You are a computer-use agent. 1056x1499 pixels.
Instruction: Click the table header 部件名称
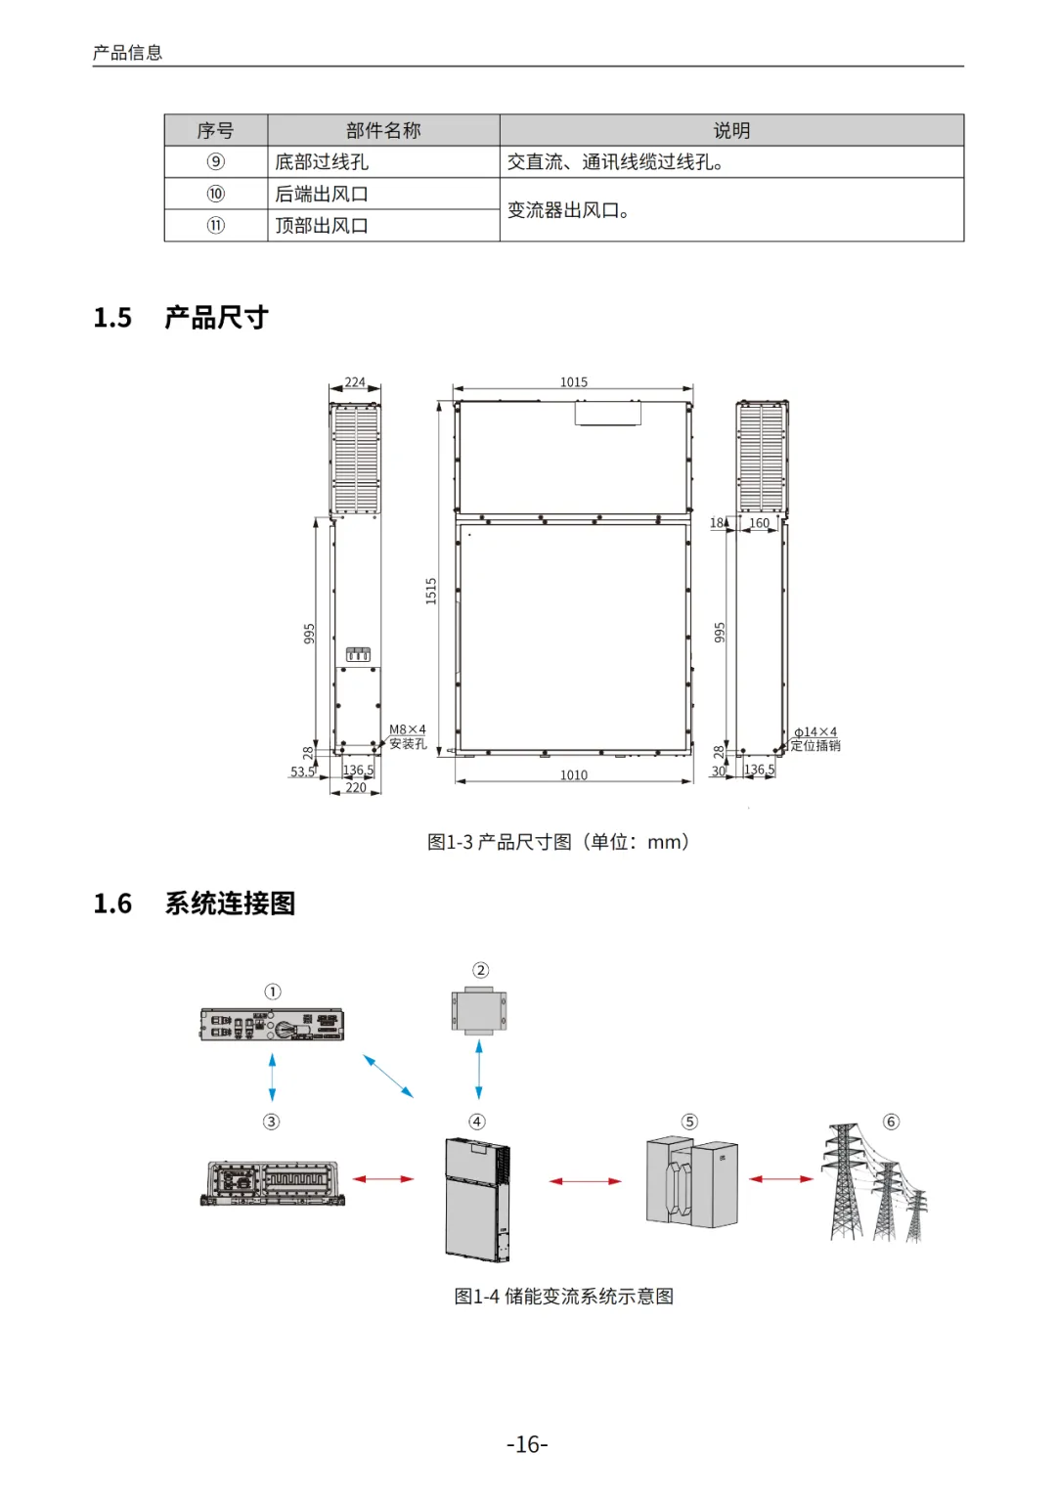pos(383,130)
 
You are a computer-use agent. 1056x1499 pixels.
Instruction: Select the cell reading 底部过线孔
pos(322,162)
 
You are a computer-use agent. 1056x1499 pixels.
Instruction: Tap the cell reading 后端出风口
pos(322,194)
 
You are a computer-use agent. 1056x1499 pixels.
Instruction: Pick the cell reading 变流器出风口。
pos(568,210)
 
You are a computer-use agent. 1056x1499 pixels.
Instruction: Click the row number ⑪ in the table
pos(216,226)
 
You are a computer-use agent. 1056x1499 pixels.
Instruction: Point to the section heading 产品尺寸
pos(216,318)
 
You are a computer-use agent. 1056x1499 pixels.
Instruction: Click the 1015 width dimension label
pos(574,382)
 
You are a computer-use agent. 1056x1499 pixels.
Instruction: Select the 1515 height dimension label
pos(431,591)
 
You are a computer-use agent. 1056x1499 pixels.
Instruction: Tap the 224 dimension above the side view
pos(355,382)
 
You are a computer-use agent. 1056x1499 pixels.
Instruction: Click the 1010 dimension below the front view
pos(574,775)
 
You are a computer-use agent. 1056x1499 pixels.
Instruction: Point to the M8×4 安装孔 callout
pos(408,736)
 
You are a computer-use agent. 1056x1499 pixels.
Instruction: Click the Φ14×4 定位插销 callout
pos(814,739)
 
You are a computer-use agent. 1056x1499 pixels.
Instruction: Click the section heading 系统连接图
pos(230,904)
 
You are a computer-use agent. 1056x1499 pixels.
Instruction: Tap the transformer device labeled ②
pos(479,1011)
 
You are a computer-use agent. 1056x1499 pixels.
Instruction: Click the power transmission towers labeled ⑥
pos(875,1183)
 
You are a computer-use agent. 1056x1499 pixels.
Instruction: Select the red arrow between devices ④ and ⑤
pos(585,1181)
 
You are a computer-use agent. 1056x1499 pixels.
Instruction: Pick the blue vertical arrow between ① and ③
pos(272,1077)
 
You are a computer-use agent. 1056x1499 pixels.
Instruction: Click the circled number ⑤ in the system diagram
pos(690,1122)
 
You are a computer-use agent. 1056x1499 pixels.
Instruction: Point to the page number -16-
pos(527,1444)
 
